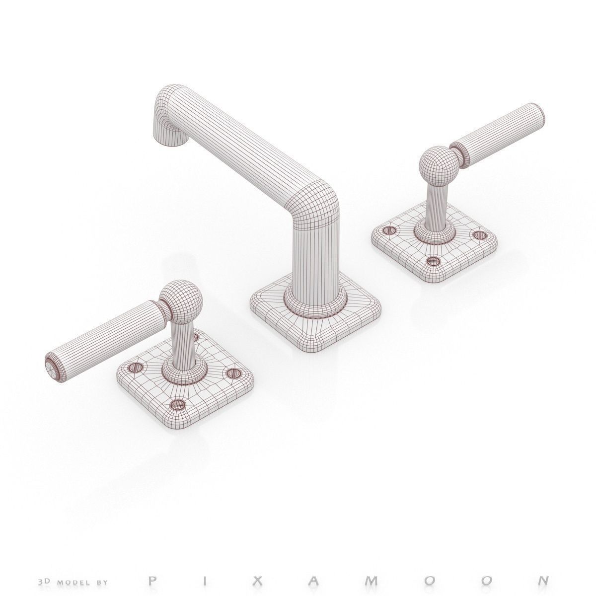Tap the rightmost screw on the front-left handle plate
tap(232, 373)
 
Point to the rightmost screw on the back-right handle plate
tap(479, 234)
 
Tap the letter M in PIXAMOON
tap(403, 580)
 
